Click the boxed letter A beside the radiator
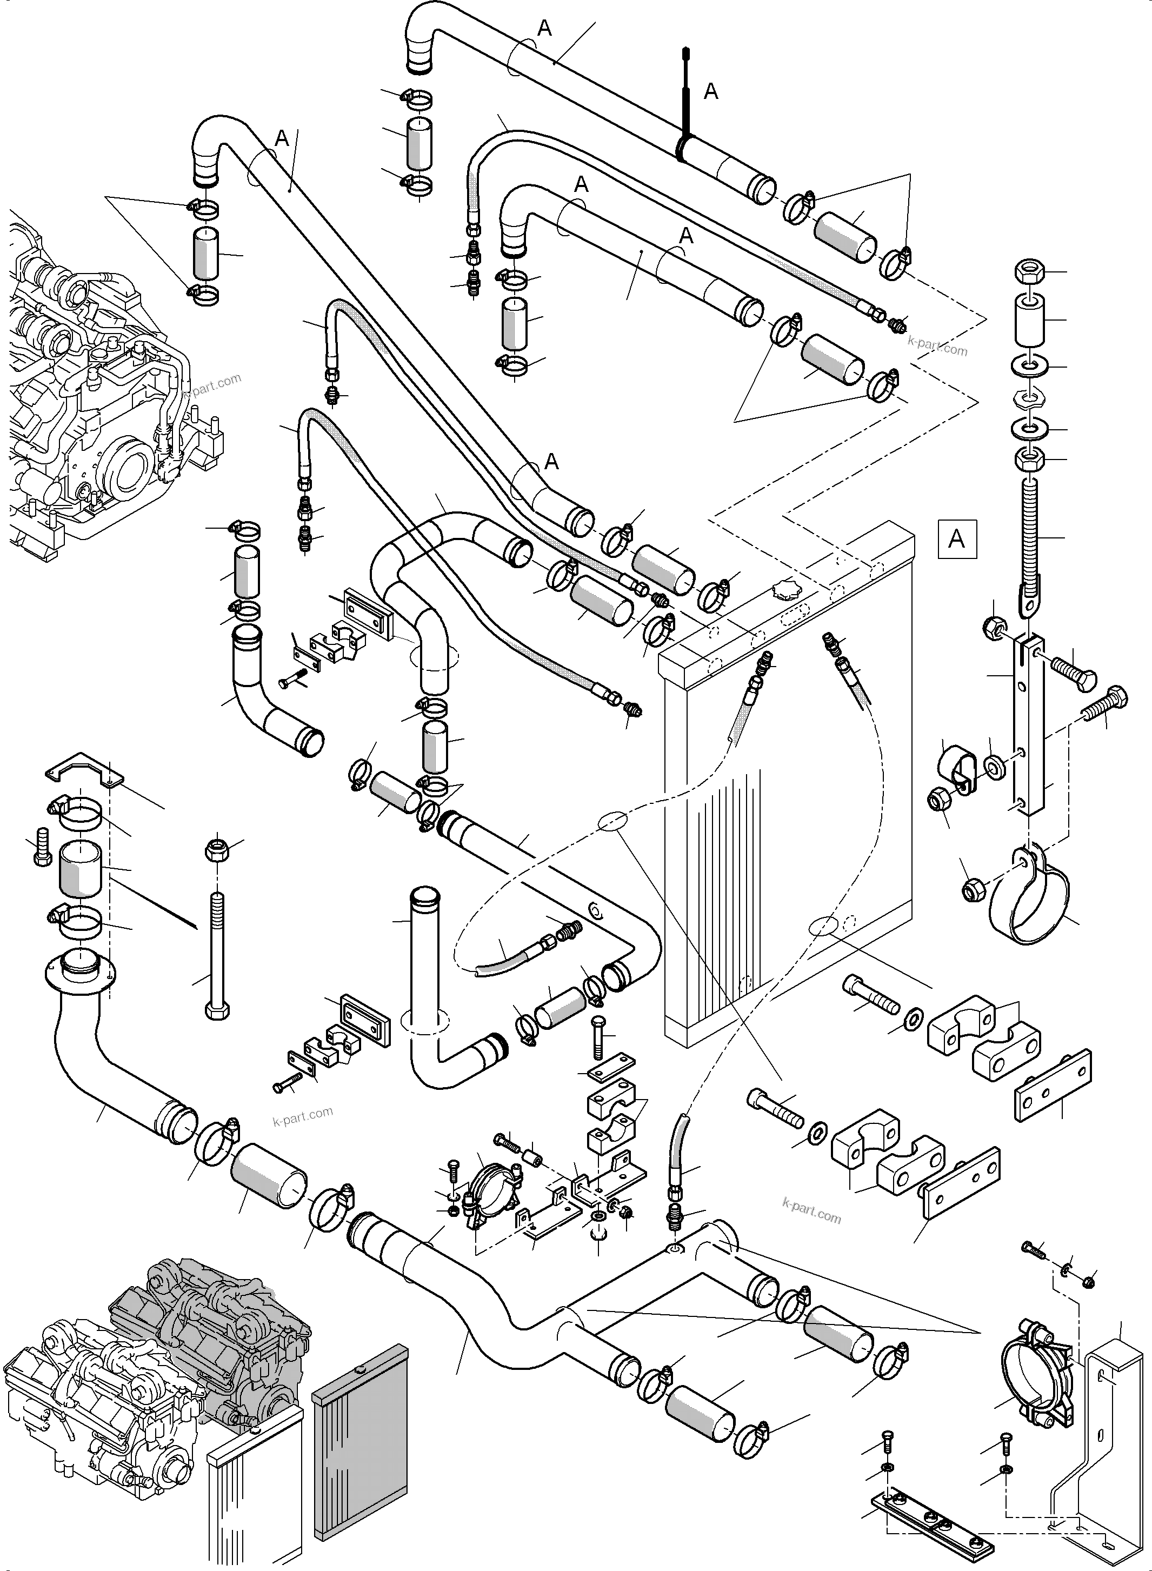[x=957, y=539]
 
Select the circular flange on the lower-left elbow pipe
[x=79, y=970]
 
